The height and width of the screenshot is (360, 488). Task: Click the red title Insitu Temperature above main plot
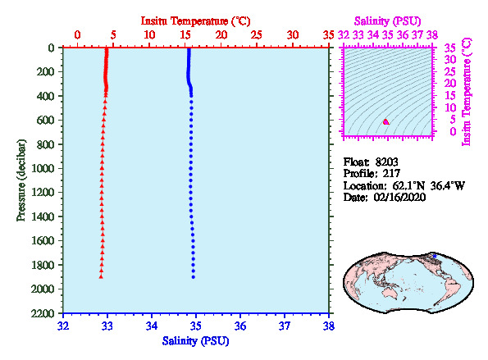(195, 21)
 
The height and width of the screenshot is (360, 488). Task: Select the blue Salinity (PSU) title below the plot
(195, 341)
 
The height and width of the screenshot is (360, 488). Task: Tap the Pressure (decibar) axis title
(21, 180)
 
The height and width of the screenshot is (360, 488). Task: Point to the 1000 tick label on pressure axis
(43, 168)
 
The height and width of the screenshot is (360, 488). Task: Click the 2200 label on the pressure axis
(43, 313)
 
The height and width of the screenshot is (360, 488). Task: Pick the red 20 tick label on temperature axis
(221, 34)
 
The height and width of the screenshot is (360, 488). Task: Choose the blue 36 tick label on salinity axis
(240, 326)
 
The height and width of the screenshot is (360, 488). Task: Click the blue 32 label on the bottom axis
(63, 326)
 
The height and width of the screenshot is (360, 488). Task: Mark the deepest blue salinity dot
(194, 277)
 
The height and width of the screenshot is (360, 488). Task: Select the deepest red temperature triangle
(101, 276)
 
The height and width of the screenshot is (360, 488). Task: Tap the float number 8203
(386, 162)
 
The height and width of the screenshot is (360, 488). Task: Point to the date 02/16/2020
(399, 198)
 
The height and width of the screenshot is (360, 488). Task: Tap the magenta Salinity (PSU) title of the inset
(387, 21)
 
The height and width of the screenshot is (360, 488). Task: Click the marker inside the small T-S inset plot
(386, 122)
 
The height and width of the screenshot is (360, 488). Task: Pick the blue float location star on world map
(435, 256)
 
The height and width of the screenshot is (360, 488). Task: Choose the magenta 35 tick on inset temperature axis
(449, 48)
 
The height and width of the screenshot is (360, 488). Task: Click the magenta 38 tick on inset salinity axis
(432, 34)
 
